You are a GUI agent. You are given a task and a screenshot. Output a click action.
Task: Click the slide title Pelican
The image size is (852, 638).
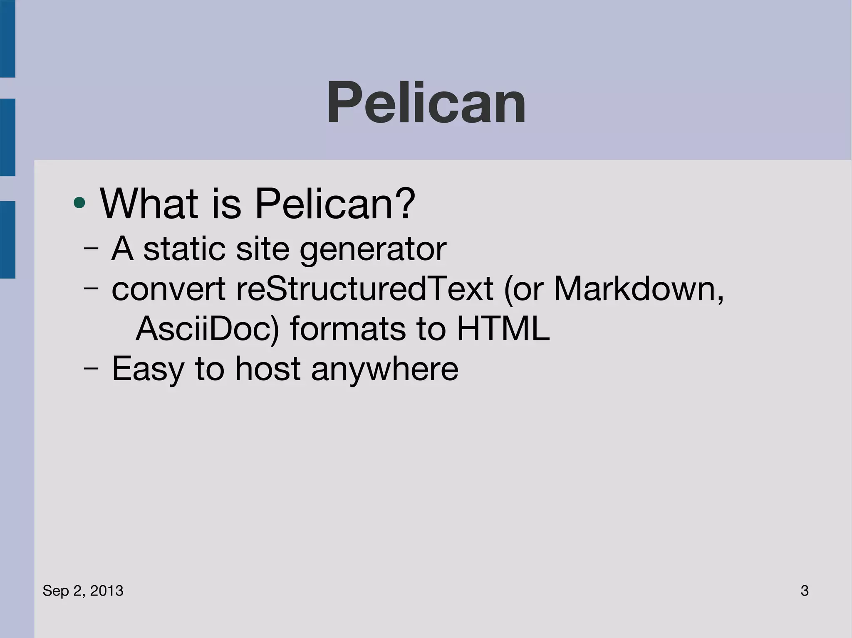click(426, 103)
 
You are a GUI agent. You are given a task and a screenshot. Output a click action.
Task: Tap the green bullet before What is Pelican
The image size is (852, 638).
click(79, 203)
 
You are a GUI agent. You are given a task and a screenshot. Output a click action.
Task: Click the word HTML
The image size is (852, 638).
click(503, 328)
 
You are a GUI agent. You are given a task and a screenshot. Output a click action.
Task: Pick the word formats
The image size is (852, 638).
click(347, 328)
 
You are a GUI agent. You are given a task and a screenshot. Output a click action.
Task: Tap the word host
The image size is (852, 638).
click(267, 368)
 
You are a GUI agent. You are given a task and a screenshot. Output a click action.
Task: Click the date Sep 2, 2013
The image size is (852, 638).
click(83, 591)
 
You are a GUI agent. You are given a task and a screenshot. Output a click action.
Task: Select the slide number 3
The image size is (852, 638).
click(804, 591)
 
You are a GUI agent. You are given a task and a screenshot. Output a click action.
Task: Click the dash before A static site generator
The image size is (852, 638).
click(91, 249)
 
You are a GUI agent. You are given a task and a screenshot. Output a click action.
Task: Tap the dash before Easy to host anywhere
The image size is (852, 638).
click(91, 369)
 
